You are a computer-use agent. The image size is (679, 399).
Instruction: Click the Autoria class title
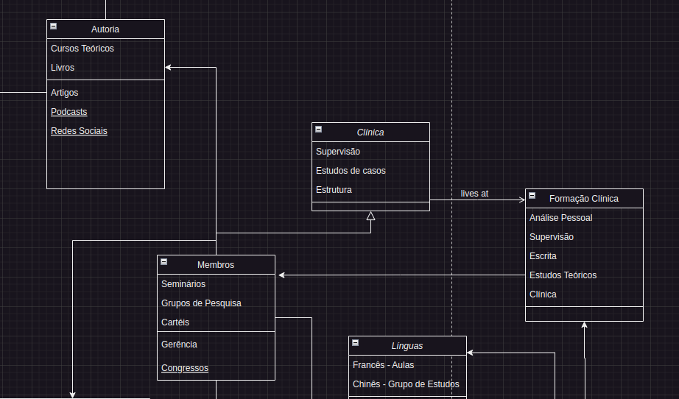pyautogui.click(x=105, y=29)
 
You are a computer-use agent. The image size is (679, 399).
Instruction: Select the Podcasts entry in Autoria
pyautogui.click(x=68, y=112)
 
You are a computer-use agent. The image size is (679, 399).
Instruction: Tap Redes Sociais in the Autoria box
pyautogui.click(x=79, y=131)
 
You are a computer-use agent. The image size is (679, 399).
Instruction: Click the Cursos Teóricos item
pyautogui.click(x=82, y=49)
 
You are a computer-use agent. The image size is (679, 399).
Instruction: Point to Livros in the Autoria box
pyautogui.click(x=63, y=68)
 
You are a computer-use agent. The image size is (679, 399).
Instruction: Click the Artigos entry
pyautogui.click(x=65, y=93)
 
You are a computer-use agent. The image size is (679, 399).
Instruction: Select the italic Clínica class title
pyautogui.click(x=370, y=133)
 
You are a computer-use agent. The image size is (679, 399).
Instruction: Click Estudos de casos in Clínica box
pyautogui.click(x=351, y=171)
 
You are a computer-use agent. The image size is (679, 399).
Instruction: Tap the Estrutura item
pyautogui.click(x=334, y=190)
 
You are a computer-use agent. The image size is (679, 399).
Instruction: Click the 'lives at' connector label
pyautogui.click(x=474, y=194)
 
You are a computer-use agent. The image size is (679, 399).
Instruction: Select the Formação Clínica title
pyautogui.click(x=584, y=199)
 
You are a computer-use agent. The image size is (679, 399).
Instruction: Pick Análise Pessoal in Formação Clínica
pyautogui.click(x=560, y=218)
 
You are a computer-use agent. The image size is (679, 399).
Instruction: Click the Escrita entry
pyautogui.click(x=543, y=256)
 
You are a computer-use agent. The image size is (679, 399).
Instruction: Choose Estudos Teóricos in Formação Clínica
pyautogui.click(x=563, y=275)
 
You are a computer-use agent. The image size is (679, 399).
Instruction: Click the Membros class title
pyautogui.click(x=216, y=265)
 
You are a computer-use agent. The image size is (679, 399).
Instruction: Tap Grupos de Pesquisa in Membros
pyautogui.click(x=201, y=303)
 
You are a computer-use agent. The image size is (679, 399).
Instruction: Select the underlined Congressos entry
pyautogui.click(x=185, y=368)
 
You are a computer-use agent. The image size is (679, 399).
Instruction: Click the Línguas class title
pyautogui.click(x=407, y=346)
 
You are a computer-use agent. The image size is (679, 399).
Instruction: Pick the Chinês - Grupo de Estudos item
pyautogui.click(x=406, y=384)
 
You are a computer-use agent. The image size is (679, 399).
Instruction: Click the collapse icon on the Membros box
pyautogui.click(x=164, y=262)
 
